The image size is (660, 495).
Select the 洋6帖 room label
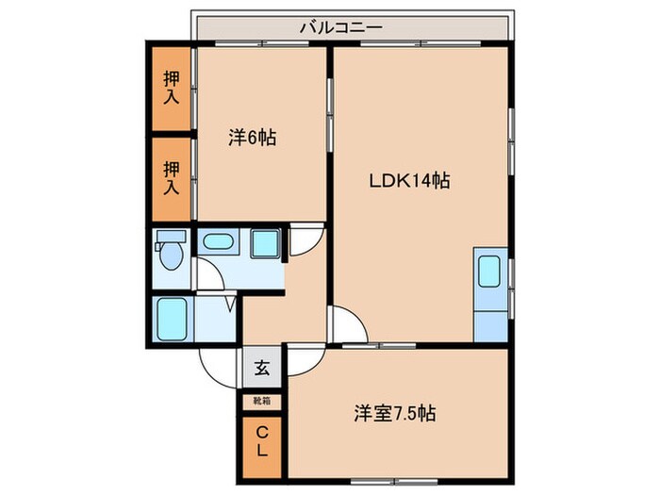click(251, 138)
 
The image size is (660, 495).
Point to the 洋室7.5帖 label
click(394, 413)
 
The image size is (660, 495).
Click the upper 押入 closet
click(171, 88)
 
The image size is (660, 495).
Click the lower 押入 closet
click(171, 177)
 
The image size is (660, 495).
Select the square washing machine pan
click(266, 244)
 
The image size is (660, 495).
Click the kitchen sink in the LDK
click(490, 272)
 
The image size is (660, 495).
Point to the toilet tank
click(170, 237)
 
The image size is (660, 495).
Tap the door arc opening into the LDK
click(345, 326)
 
